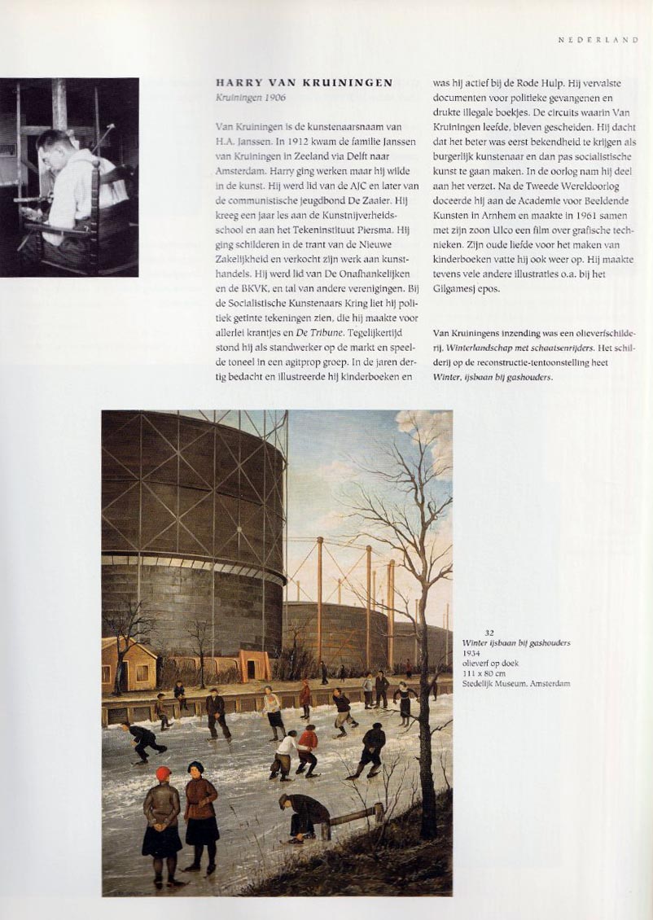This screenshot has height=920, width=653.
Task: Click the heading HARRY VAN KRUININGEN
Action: (304, 82)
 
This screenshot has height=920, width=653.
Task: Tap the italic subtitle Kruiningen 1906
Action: (250, 97)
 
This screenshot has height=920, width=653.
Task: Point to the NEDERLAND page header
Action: (598, 39)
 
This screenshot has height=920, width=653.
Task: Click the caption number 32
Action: (489, 633)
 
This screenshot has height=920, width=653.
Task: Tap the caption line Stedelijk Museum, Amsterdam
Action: (515, 684)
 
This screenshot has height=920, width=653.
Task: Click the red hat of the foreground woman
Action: (164, 773)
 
